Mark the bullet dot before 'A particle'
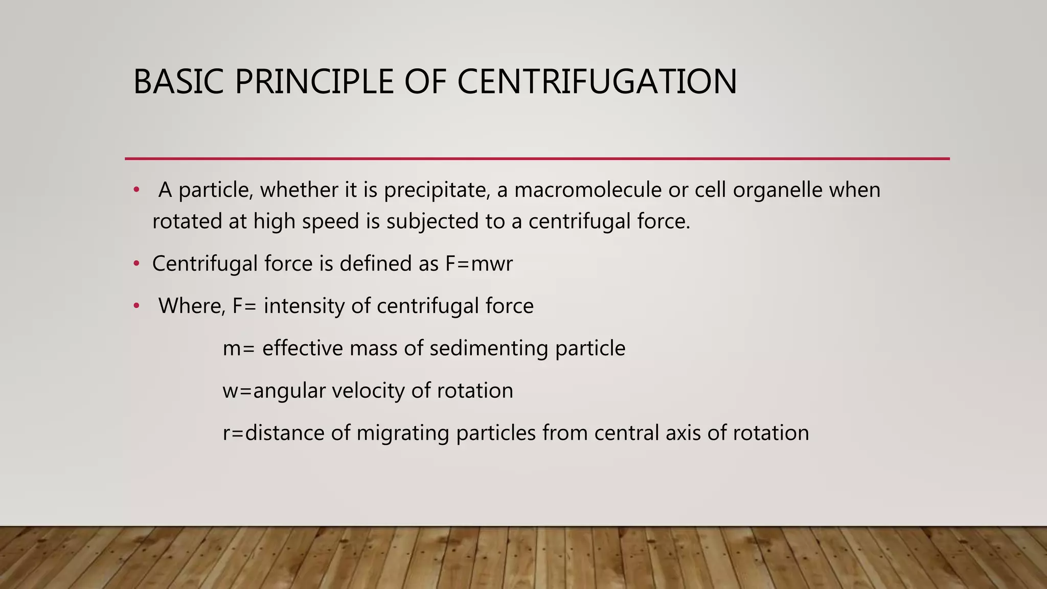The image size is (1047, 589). [x=136, y=190]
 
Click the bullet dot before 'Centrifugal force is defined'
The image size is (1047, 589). [x=136, y=264]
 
